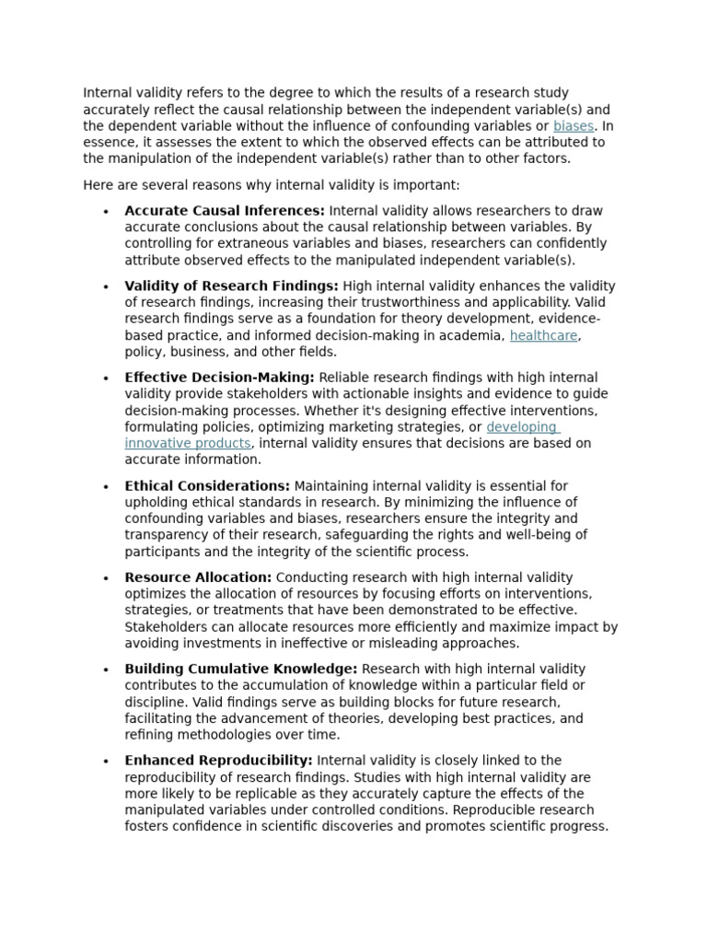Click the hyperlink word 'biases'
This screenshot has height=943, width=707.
point(574,126)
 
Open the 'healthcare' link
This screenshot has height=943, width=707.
point(543,336)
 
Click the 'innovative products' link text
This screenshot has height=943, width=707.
point(188,444)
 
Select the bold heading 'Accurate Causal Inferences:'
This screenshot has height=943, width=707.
point(225,211)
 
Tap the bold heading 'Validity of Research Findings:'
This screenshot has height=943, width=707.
point(231,286)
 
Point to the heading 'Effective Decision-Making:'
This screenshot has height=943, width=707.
point(219,378)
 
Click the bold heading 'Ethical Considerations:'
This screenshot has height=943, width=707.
point(207,486)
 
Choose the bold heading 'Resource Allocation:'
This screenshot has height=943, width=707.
point(198,577)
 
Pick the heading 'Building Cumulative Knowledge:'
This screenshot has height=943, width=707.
point(241,669)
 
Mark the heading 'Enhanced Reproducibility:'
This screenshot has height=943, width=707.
point(219,761)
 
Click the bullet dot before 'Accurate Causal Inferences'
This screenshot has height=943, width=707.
point(107,212)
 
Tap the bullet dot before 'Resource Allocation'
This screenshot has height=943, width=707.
point(107,578)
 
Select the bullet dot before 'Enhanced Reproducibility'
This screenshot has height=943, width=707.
point(107,762)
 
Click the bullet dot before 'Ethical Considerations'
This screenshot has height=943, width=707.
point(107,487)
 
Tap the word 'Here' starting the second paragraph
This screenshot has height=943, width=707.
point(98,185)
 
